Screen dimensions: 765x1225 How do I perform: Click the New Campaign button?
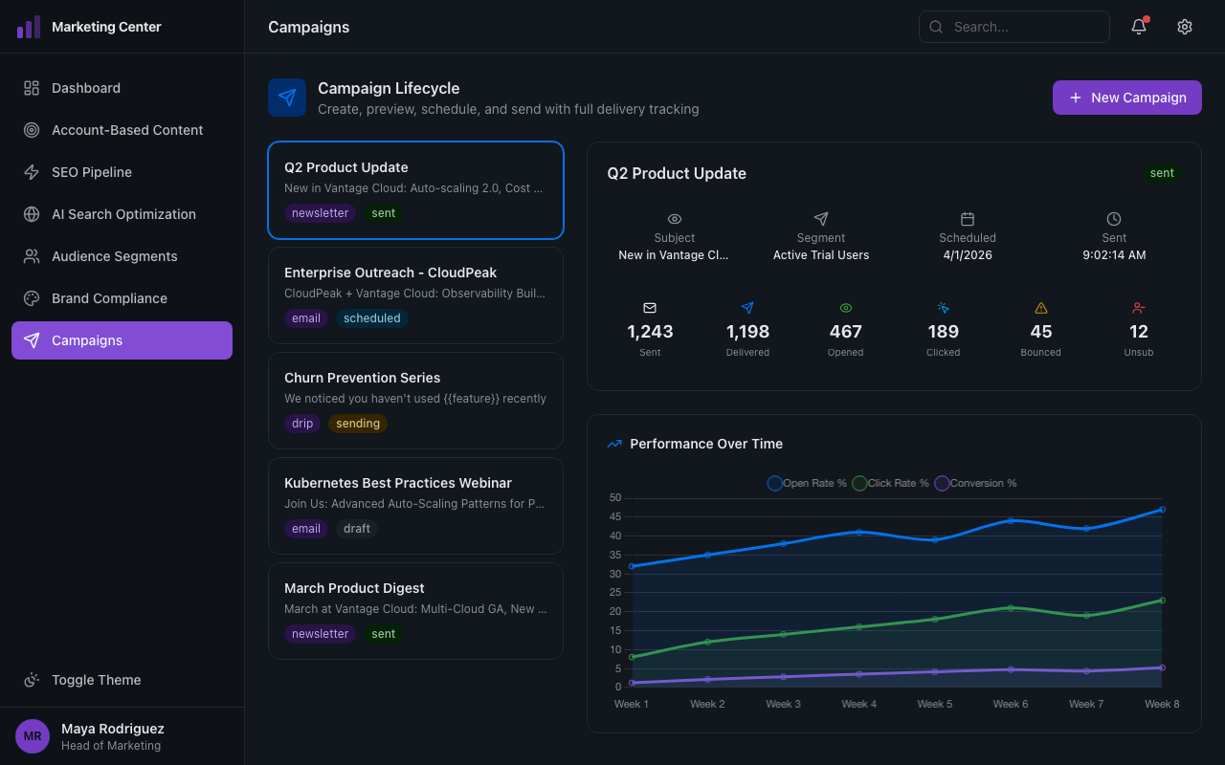click(x=1126, y=98)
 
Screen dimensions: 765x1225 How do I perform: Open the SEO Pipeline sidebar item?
click(x=92, y=172)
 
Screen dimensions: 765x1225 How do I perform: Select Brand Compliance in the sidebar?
click(x=109, y=298)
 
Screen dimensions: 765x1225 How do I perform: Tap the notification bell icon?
click(x=1139, y=27)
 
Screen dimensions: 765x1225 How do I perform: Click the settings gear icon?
click(x=1185, y=27)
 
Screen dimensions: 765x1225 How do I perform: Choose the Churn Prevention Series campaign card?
click(x=415, y=400)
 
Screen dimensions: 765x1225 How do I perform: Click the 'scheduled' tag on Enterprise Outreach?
click(x=371, y=318)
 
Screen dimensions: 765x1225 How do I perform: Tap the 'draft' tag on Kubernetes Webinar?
click(x=356, y=529)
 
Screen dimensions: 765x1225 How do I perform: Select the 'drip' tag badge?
click(x=302, y=424)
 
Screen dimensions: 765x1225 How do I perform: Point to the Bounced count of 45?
click(x=1040, y=332)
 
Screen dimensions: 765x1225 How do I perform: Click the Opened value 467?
click(x=845, y=332)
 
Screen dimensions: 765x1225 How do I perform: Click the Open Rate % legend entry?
click(x=807, y=483)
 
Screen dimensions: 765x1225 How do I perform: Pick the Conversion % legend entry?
click(x=975, y=483)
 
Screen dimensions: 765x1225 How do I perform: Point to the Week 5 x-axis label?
click(x=934, y=704)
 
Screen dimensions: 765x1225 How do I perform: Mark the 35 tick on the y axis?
click(x=614, y=555)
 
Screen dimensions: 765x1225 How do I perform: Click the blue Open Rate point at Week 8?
click(x=1162, y=510)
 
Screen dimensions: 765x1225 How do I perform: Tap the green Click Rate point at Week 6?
click(x=1011, y=608)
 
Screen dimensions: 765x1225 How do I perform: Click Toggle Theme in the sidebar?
click(x=96, y=680)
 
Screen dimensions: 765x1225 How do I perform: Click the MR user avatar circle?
click(x=33, y=736)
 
